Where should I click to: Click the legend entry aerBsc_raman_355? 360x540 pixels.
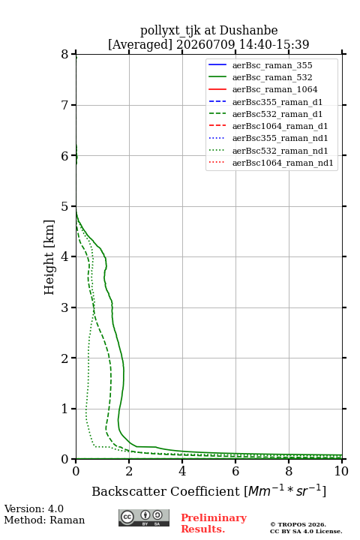tap(272, 65)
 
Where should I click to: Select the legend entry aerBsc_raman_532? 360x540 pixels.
tap(272, 77)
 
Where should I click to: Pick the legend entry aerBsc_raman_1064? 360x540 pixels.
tap(275, 89)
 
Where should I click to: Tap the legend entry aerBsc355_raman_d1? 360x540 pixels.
tap(277, 102)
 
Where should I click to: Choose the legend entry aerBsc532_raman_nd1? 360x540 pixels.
tap(280, 151)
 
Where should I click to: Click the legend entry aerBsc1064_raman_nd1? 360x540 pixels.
tap(283, 163)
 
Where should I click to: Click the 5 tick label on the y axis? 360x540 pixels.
tap(65, 207)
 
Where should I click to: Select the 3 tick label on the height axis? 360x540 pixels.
tap(65, 307)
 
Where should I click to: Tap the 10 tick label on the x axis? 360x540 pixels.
tap(341, 471)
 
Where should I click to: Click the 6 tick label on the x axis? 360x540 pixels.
tap(235, 471)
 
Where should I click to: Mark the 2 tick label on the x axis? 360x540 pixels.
tap(129, 471)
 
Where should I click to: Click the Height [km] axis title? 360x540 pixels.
tap(49, 257)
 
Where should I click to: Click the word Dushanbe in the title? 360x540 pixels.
tap(248, 30)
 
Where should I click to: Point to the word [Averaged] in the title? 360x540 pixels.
tap(139, 44)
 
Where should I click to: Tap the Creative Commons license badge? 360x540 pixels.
tap(144, 517)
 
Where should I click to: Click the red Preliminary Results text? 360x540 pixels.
tap(214, 523)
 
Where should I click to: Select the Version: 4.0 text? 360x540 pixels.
tap(34, 508)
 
